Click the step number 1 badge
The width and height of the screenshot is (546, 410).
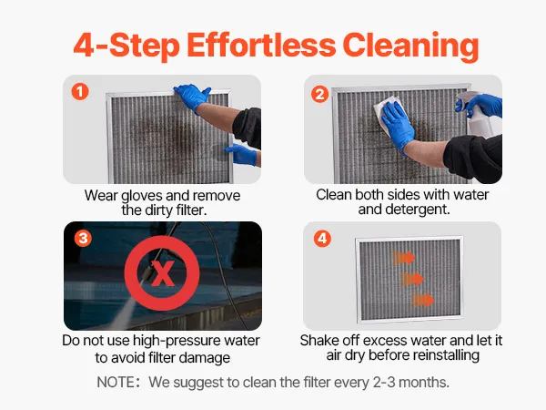(x=80, y=92)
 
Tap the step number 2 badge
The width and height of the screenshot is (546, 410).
(x=320, y=95)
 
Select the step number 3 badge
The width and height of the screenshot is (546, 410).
(x=83, y=239)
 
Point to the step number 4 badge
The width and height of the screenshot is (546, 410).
(x=322, y=239)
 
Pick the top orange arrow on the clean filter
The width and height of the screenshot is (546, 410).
(x=404, y=258)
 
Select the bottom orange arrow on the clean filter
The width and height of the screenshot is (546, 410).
(x=423, y=300)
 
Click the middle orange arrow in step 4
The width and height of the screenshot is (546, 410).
(x=412, y=279)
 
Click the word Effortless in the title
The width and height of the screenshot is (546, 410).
(x=261, y=45)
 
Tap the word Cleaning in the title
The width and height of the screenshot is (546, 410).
(x=411, y=46)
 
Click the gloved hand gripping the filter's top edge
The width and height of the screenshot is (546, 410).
(x=192, y=95)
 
